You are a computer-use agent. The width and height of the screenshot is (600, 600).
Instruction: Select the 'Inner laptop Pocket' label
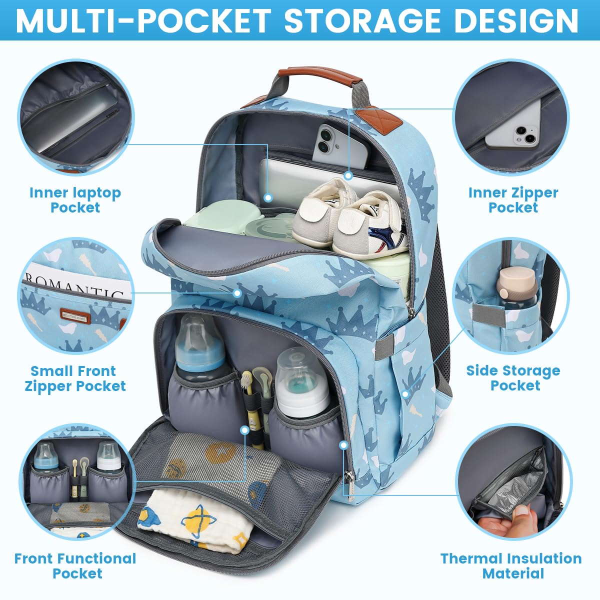pyautogui.click(x=75, y=200)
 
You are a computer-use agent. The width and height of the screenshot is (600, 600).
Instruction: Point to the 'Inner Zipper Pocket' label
pyautogui.click(x=513, y=200)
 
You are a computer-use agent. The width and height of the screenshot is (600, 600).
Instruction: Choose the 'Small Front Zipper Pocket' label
pyautogui.click(x=75, y=378)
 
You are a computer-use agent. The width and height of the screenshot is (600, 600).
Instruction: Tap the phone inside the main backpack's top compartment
pyautogui.click(x=339, y=146)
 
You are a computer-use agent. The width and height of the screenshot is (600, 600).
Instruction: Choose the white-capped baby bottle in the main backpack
pyautogui.click(x=301, y=383)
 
